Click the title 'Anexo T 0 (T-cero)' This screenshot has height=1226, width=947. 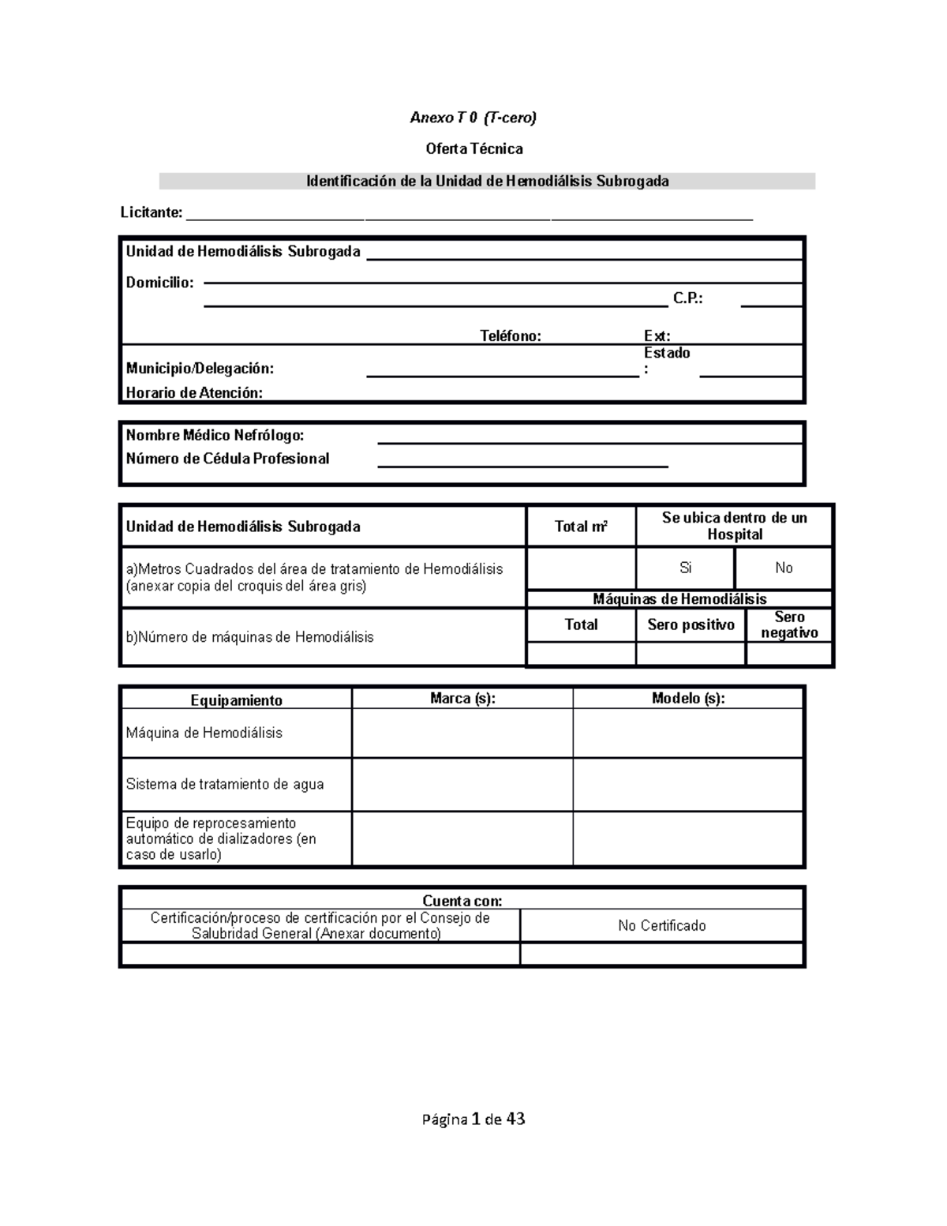pos(473,118)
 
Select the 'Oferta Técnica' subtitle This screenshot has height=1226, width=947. pos(473,148)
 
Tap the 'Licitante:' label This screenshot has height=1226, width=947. pos(151,212)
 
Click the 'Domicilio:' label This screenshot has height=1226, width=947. pos(159,283)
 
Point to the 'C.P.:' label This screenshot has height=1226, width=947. pos(687,298)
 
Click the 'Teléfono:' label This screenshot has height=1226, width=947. pos(511,336)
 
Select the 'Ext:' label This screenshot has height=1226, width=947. pos(657,336)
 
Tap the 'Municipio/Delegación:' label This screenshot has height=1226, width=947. pos(200,368)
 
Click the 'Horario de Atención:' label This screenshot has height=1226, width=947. pos(194,392)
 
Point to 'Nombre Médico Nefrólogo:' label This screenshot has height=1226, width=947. pos(215,435)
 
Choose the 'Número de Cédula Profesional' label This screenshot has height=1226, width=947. pos(227,459)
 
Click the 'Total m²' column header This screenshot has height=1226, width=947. pos(581,527)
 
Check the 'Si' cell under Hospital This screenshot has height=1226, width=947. pos(685,568)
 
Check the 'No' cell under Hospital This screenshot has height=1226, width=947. pos(784,568)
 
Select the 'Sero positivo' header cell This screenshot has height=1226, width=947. pos(691,624)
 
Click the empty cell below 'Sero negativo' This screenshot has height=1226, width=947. pos(789,654)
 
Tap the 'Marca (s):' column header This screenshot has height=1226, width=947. pos(462,699)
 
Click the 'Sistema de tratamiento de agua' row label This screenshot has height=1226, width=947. pos(225,784)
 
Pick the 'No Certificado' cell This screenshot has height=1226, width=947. pos(661,925)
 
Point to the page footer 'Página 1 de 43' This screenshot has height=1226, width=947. pos(473,1119)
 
